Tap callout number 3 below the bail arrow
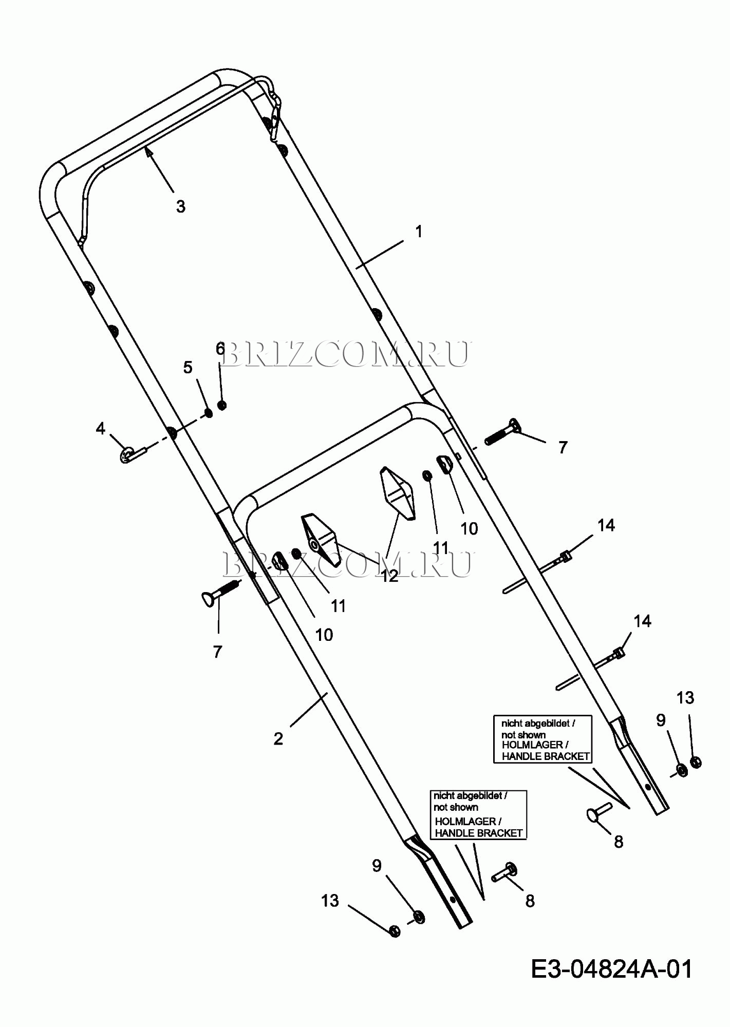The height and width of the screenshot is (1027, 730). [180, 206]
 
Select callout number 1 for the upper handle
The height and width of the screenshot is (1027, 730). [419, 232]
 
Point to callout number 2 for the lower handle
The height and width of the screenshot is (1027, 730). [278, 738]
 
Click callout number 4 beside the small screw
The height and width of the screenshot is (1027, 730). [100, 428]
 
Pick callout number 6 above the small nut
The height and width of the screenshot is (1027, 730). [220, 349]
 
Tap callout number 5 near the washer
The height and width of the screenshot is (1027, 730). [188, 367]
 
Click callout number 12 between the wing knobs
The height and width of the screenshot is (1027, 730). [390, 576]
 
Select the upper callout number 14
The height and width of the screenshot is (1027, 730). [606, 525]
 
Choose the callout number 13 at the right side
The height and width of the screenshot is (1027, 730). [685, 698]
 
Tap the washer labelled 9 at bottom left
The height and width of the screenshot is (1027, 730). [419, 917]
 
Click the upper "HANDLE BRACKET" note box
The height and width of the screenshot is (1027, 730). [542, 739]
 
